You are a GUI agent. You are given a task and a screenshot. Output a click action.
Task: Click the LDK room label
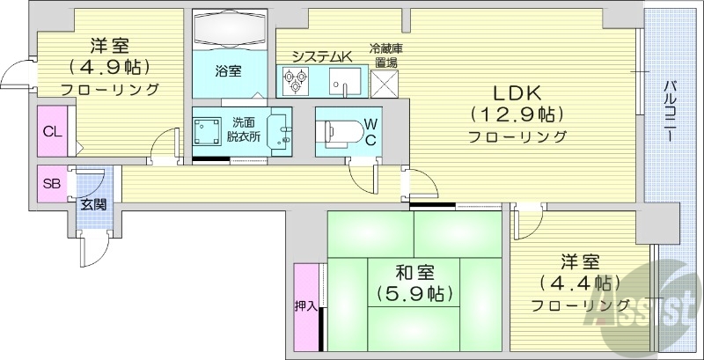[516, 92]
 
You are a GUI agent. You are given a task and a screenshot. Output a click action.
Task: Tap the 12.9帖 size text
[516, 114]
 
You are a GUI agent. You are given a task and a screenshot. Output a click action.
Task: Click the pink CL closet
[52, 131]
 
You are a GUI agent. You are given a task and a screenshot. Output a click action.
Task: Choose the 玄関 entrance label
[93, 205]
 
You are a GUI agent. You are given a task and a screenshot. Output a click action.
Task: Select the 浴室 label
[229, 70]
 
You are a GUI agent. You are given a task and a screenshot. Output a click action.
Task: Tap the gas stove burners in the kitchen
[294, 81]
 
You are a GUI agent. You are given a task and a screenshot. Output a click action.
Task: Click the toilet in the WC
[341, 132]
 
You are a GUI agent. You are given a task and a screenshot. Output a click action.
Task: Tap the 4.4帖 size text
[579, 283]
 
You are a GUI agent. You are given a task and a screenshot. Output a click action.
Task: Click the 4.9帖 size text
[109, 66]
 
